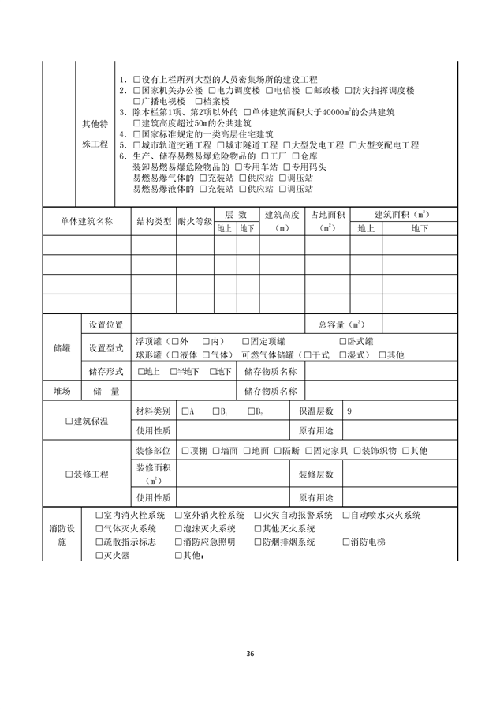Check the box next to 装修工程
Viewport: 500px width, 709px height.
coord(69,475)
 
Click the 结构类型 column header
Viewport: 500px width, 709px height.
coord(154,221)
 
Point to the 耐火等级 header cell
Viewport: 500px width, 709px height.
coord(195,222)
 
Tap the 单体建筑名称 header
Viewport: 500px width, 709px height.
coord(87,221)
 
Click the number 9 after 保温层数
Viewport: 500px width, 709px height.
coord(349,411)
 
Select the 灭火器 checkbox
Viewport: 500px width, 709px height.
coord(99,555)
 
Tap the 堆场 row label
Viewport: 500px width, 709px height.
coord(62,391)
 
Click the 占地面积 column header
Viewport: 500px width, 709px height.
coord(327,221)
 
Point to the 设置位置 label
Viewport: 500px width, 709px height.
coord(106,324)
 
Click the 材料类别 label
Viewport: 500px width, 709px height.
coord(153,411)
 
